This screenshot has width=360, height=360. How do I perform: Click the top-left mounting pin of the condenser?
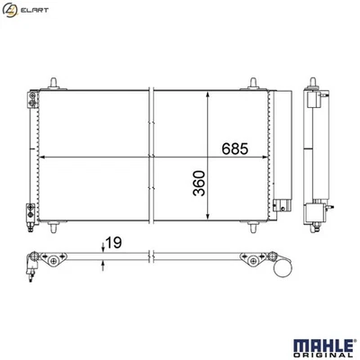pyautogui.click(x=58, y=84)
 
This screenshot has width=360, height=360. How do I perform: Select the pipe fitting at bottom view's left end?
pyautogui.click(x=32, y=261)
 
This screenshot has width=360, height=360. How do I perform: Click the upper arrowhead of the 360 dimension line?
pyautogui.click(x=210, y=94)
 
